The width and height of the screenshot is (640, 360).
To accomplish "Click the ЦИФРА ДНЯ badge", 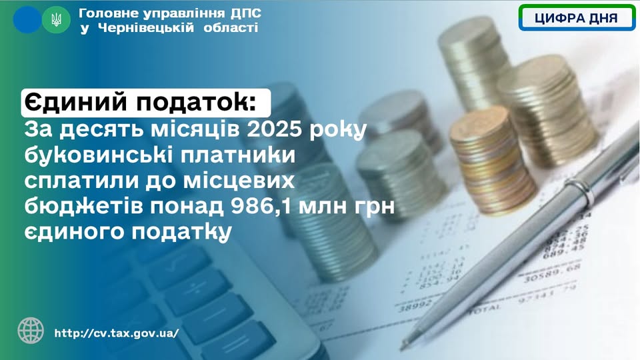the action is [577, 18].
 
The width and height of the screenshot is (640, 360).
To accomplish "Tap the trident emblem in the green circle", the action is [56, 19].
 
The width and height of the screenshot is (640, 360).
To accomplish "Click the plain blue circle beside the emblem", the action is [27, 19].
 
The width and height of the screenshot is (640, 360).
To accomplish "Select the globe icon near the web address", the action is [31, 331].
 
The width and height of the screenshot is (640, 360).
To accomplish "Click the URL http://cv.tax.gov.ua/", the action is [116, 333].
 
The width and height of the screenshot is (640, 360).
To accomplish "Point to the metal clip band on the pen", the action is [581, 192].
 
